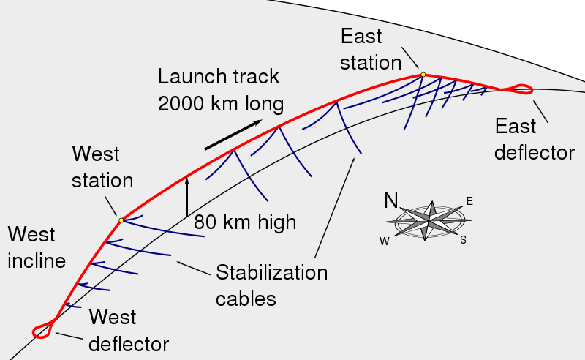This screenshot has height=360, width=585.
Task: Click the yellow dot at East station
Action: coord(423,74)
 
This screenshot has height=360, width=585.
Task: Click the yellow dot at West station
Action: coord(121,220)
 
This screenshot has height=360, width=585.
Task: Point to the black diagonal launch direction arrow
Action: coord(233,134)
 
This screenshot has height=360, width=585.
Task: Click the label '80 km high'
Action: coord(245,222)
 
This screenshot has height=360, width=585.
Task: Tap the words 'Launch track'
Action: coord(219,78)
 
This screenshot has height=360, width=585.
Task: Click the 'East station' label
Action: coord(371,48)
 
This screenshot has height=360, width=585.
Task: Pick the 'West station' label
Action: coord(102,168)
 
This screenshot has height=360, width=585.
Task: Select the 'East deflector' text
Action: coord(534,139)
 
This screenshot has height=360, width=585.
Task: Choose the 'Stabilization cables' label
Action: coord(271,285)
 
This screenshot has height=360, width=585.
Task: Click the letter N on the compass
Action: coord(392,201)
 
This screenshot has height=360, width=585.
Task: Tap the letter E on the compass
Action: coord(469,201)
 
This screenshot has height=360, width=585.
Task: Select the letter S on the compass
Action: coord(463,239)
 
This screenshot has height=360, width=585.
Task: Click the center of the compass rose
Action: coord(429,220)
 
